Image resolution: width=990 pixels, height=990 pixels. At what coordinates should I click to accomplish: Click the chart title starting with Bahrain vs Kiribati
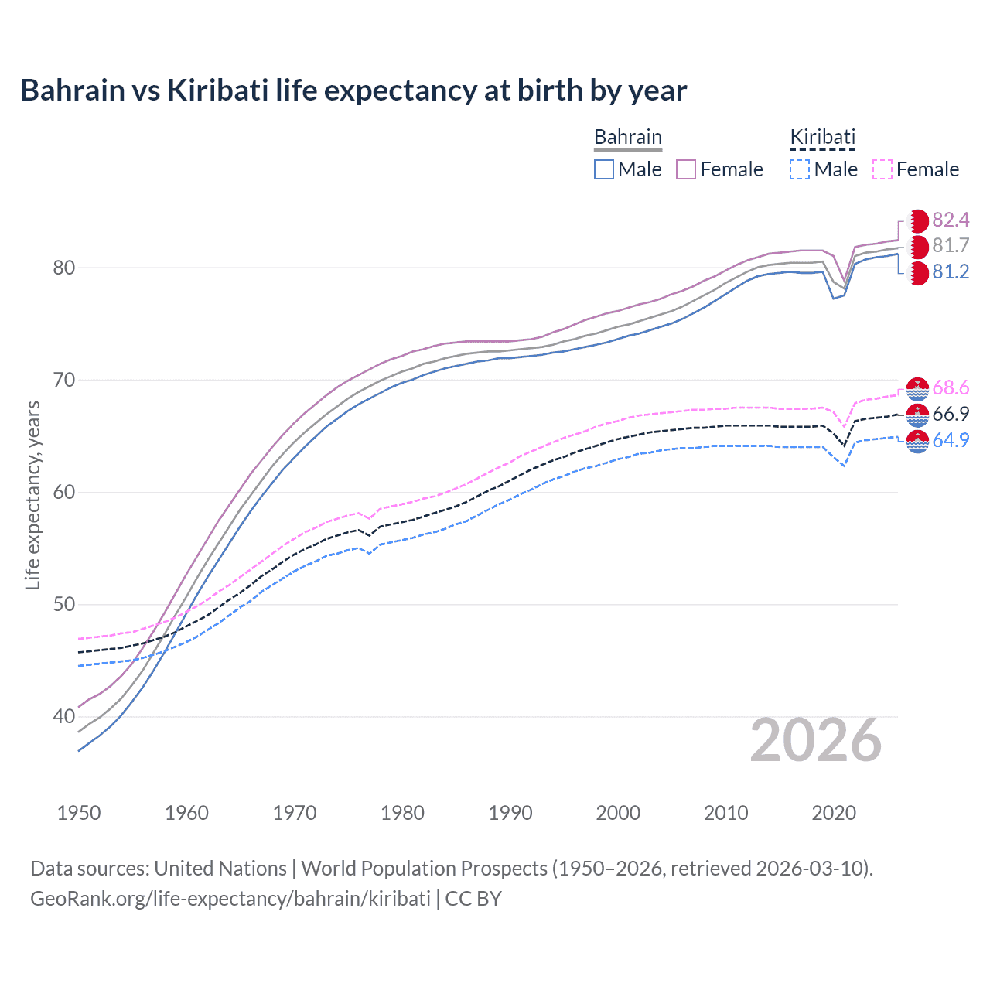(x=353, y=90)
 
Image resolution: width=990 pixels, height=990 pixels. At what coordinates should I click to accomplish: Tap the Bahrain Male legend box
(x=604, y=169)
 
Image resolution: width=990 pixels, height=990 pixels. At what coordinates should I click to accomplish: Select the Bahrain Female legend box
(x=686, y=169)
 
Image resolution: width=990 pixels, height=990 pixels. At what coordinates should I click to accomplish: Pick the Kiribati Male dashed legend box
(x=800, y=169)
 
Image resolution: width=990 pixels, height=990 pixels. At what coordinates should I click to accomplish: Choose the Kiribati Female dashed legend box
(x=882, y=169)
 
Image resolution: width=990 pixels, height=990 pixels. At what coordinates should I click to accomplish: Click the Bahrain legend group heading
(x=627, y=137)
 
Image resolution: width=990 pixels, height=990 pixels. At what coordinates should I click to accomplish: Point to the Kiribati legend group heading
(x=822, y=137)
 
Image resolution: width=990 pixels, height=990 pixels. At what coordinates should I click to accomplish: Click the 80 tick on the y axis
(x=64, y=268)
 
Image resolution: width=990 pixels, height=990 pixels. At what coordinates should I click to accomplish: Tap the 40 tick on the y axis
(x=64, y=716)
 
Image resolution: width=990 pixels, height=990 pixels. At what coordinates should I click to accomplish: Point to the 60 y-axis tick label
(x=64, y=492)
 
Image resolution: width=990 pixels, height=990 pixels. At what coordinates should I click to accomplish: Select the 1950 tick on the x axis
(x=79, y=813)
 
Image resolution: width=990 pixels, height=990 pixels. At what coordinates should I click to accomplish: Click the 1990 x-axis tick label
(x=510, y=813)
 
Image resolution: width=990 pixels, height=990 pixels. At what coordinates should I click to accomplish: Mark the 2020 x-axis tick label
(x=834, y=813)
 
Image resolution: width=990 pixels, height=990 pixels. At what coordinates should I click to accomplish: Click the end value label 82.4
(x=951, y=220)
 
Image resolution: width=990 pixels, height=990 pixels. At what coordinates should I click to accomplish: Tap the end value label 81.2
(x=951, y=271)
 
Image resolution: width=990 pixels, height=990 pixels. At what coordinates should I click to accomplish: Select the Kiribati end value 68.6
(x=951, y=387)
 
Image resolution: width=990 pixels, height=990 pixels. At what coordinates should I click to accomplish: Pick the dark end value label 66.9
(x=951, y=414)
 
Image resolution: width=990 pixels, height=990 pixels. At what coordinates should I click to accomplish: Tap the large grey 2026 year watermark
(x=816, y=740)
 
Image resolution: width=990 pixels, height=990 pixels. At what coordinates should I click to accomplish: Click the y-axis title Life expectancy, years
(x=32, y=495)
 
